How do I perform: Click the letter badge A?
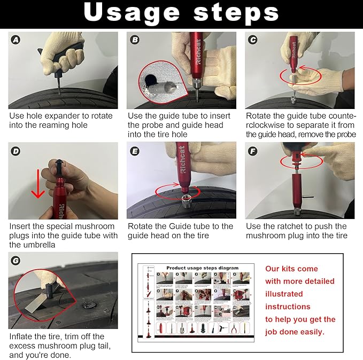point(17,40)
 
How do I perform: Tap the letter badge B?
point(135,40)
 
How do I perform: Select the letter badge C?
point(253,40)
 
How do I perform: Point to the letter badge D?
point(17,151)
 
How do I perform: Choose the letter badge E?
point(135,151)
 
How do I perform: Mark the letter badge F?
point(253,151)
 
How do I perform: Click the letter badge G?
point(17,261)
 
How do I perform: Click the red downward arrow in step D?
point(37,184)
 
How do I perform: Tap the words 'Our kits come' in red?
point(291,269)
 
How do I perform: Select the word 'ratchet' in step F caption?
point(292,226)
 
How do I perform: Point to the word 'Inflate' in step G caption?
point(22,336)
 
